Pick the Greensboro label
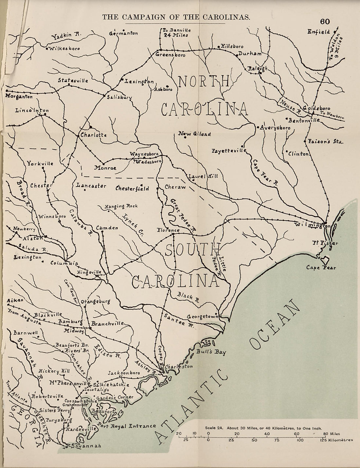coord(170,55)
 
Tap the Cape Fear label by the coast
coord(321,268)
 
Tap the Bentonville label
coord(304,120)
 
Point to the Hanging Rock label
coord(121,206)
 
